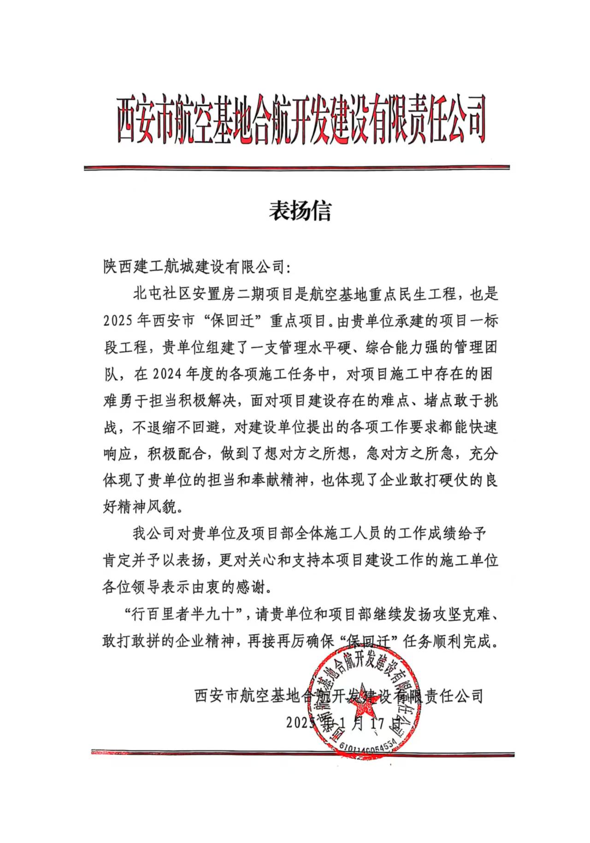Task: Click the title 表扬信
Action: (300, 211)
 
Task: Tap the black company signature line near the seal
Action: (338, 696)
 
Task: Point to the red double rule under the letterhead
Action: (296, 168)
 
